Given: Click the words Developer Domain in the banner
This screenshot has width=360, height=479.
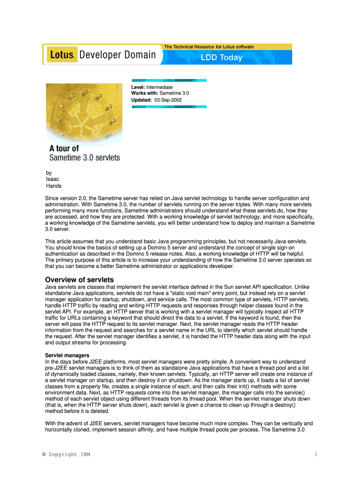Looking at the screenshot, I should (117, 55).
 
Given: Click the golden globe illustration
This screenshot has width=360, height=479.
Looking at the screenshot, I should (84, 112).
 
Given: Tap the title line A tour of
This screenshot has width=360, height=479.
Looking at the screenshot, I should (64, 149).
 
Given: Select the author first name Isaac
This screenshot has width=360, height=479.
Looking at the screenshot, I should (52, 179).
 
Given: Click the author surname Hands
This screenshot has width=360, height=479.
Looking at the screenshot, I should (53, 186).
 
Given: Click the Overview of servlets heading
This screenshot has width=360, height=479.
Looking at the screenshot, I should (79, 280).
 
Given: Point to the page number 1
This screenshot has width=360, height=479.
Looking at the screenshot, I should (316, 454).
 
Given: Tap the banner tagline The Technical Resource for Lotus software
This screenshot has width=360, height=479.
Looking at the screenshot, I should (209, 47).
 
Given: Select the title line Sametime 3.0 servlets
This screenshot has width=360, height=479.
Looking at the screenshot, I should (85, 158).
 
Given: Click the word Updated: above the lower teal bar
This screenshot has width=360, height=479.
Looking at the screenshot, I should (141, 100).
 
